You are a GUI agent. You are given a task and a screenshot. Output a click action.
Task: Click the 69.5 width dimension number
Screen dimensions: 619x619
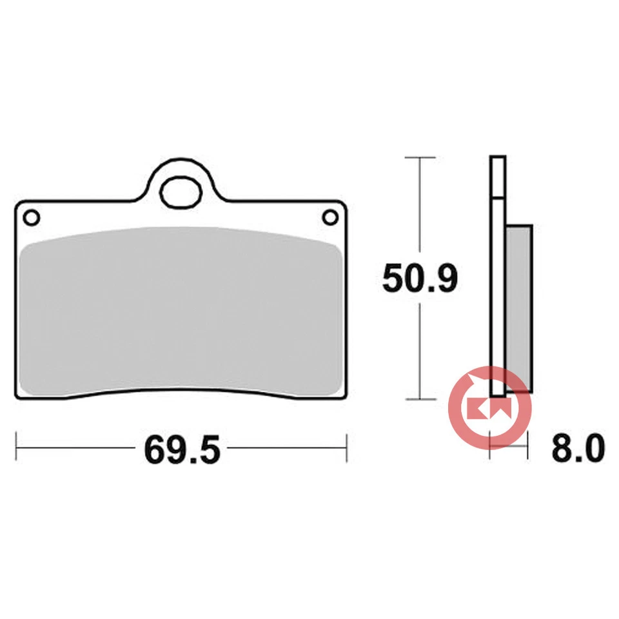(x=182, y=449)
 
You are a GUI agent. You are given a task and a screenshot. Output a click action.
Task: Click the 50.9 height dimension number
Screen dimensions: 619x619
(x=420, y=279)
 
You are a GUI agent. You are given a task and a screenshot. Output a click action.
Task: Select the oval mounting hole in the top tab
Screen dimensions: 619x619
(x=181, y=192)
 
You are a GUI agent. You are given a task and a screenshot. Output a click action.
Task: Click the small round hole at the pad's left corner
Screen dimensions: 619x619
(x=30, y=217)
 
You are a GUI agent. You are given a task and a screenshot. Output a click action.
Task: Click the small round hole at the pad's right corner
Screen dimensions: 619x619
(x=331, y=217)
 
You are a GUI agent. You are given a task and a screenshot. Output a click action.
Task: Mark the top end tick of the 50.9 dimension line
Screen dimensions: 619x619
(x=420, y=157)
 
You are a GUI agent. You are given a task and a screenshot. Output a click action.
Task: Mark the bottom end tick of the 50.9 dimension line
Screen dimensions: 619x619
(x=420, y=399)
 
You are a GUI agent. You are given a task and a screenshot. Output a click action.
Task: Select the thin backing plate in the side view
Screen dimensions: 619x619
(x=497, y=277)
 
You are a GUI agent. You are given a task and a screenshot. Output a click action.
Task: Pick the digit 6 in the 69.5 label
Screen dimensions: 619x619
(x=155, y=449)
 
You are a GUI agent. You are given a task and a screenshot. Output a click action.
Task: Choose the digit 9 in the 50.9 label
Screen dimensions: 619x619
(x=447, y=279)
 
